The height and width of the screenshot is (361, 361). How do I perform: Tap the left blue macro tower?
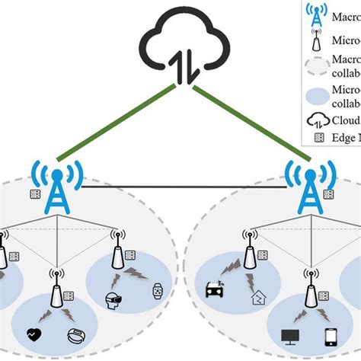tap(56, 187)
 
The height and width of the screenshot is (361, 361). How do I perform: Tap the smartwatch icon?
tap(158, 290)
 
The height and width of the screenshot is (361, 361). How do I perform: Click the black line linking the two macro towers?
tap(183, 186)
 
